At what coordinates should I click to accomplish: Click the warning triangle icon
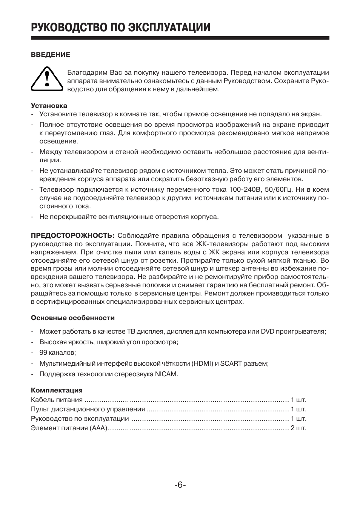click(x=46, y=78)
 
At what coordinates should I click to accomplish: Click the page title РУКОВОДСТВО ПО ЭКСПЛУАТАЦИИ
click(x=120, y=27)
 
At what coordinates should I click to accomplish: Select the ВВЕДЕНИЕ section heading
click(x=51, y=55)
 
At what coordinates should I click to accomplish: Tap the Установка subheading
click(x=49, y=106)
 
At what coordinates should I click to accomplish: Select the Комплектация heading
click(x=57, y=390)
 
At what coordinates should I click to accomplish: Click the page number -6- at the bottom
click(x=180, y=485)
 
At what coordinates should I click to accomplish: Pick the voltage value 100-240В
click(x=245, y=189)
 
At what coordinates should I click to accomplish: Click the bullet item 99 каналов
click(x=57, y=352)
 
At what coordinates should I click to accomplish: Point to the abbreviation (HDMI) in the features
click(x=202, y=363)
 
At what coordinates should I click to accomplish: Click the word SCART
click(x=231, y=363)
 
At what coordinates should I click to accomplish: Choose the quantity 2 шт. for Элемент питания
click(x=298, y=428)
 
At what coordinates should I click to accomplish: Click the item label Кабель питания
click(x=57, y=400)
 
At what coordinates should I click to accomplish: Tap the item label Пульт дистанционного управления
click(x=88, y=409)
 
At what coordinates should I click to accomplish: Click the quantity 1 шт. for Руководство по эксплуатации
click(x=298, y=419)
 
